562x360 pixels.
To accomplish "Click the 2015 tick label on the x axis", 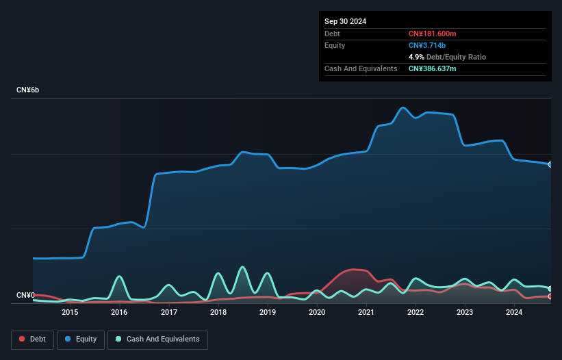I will click(70, 312).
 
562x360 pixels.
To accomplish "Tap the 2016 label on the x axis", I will click(119, 312).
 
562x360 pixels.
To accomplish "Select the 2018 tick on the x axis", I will click(218, 312).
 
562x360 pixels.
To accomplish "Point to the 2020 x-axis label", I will click(317, 312).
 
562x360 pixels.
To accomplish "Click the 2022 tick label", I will click(416, 312).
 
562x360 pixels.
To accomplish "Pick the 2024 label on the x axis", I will click(514, 312).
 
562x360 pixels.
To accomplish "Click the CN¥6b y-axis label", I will click(29, 90).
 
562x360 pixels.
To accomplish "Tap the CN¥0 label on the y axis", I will click(25, 296).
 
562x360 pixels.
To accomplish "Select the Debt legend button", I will click(32, 339).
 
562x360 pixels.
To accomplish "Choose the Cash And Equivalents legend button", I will click(157, 339).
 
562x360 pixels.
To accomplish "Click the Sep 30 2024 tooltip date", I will click(345, 21).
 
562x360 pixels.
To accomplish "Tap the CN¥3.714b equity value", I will click(426, 45).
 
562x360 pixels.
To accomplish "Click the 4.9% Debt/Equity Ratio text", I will click(447, 57).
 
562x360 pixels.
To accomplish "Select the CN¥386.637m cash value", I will click(437, 68).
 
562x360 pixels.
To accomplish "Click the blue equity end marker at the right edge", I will click(550, 164).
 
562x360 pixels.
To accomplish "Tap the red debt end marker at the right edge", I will click(550, 296).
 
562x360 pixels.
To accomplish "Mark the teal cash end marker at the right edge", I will click(550, 288).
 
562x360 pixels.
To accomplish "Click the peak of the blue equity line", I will click(403, 107).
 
